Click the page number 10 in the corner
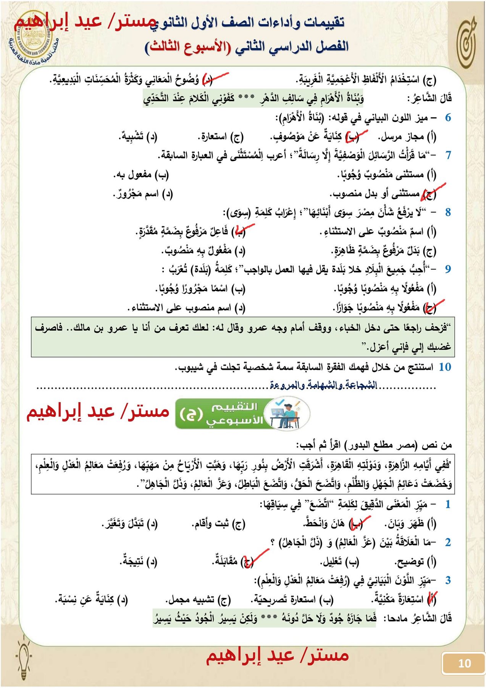(x=464, y=663)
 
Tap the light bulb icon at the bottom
(x=24, y=656)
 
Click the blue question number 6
(x=448, y=118)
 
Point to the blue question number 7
(x=448, y=155)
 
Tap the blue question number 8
(x=448, y=212)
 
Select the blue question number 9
(x=448, y=269)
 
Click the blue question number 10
(x=445, y=367)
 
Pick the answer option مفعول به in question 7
(x=141, y=175)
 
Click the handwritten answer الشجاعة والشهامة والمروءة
(x=323, y=385)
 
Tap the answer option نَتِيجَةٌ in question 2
(x=138, y=561)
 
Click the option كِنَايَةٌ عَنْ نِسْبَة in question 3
(x=92, y=600)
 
